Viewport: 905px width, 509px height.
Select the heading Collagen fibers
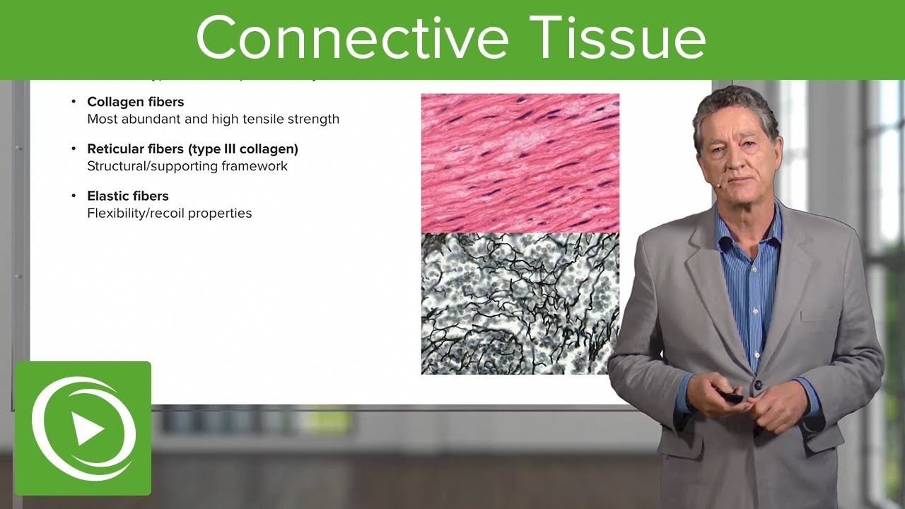click(135, 103)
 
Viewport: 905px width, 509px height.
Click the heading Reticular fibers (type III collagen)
click(192, 149)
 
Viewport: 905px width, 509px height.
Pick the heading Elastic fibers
click(128, 196)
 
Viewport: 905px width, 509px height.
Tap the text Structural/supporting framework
click(187, 166)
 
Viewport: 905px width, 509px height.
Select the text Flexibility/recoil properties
click(170, 213)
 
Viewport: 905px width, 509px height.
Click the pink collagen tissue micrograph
click(520, 163)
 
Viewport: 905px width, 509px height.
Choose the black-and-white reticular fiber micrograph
click(520, 304)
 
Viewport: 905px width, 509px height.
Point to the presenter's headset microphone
click(716, 185)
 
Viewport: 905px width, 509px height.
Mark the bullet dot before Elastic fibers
click(74, 196)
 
